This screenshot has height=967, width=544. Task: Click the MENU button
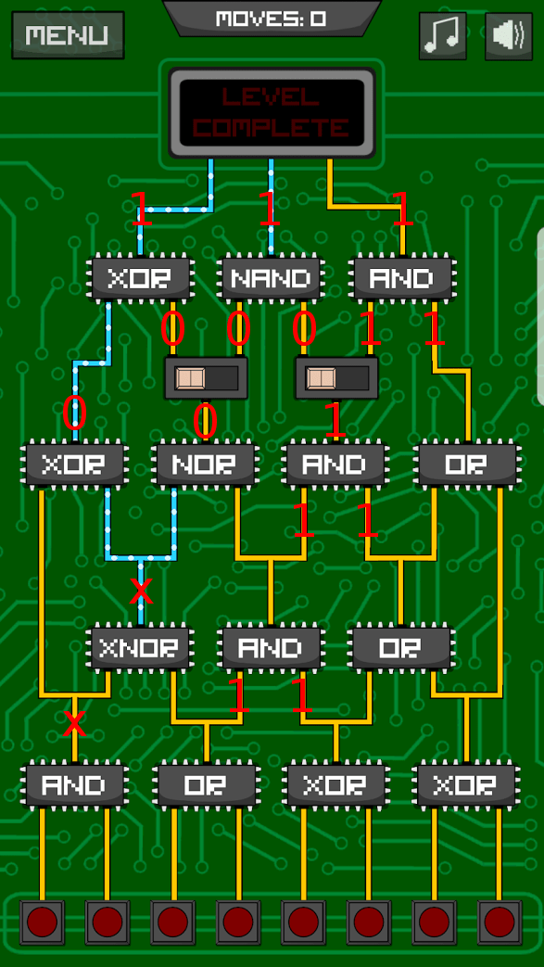coord(68,35)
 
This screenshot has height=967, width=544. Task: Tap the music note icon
coord(442,36)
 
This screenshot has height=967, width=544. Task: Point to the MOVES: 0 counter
coord(271,19)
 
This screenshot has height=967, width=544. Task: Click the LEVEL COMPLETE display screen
coord(272,111)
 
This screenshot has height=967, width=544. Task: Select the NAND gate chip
coord(271,278)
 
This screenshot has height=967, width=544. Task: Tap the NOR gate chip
coord(205,464)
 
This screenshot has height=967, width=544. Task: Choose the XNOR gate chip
coord(140,646)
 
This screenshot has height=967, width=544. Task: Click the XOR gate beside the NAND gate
coord(140,278)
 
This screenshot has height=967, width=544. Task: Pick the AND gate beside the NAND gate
coord(402,278)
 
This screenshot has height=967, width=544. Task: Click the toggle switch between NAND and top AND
coord(335,378)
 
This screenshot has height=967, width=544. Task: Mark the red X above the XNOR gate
coord(141,589)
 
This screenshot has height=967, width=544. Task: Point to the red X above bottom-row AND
coord(74,724)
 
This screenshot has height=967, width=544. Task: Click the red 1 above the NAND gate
coord(269,210)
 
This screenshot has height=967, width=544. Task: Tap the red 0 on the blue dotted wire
coord(74,414)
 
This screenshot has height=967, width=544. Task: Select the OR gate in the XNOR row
coord(400,646)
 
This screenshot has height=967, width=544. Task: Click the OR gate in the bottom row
coord(205,784)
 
